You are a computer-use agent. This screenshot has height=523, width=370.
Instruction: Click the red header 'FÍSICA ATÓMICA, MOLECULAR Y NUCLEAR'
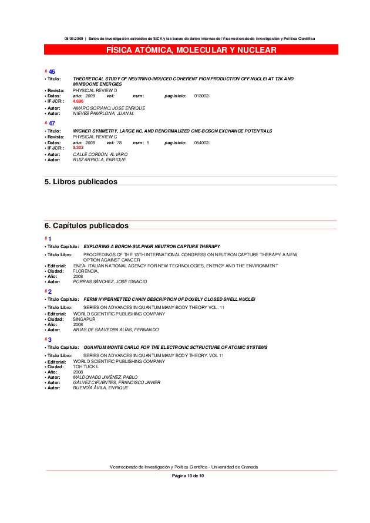(x=191, y=50)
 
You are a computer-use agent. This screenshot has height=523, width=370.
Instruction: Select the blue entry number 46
(x=52, y=72)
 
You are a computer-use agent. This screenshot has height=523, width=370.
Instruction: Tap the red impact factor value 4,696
(x=78, y=101)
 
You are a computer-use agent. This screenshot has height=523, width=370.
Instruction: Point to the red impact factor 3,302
(x=78, y=148)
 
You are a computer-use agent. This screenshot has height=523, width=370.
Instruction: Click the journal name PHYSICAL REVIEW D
(x=95, y=90)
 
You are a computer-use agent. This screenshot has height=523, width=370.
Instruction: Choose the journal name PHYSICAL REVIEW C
(x=95, y=137)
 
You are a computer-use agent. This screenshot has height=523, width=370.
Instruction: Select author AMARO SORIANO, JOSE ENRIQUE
(x=109, y=108)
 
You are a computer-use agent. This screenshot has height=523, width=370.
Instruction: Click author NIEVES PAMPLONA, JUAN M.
(x=103, y=113)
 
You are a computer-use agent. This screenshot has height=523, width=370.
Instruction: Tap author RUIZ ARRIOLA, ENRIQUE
(x=99, y=159)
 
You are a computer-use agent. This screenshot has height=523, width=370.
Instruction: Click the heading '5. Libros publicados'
(x=81, y=182)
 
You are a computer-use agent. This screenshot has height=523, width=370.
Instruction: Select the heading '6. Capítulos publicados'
(x=86, y=226)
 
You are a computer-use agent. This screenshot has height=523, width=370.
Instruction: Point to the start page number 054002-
(x=201, y=142)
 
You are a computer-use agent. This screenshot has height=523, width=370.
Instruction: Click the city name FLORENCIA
(x=86, y=271)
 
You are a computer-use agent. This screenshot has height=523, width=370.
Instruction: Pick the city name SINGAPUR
(x=84, y=319)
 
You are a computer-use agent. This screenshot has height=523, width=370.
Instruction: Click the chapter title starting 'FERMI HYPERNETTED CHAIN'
(x=169, y=299)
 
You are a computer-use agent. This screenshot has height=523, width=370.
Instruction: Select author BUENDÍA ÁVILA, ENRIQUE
(x=100, y=388)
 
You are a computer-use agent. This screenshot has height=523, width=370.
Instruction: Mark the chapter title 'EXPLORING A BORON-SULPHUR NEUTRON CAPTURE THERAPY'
(x=152, y=246)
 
